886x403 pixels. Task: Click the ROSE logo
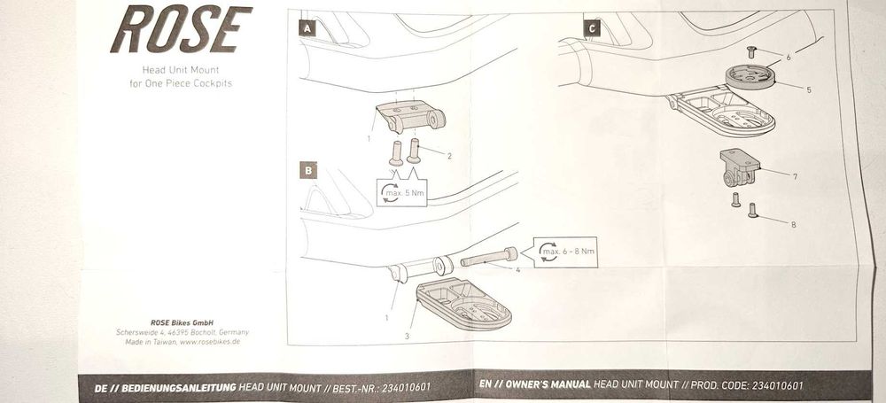pyautogui.click(x=182, y=29)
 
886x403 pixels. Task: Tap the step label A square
pyautogui.click(x=307, y=27)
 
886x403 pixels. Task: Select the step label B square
pyautogui.click(x=308, y=171)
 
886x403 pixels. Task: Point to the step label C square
pyautogui.click(x=592, y=27)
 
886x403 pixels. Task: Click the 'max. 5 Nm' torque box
pyautogui.click(x=401, y=192)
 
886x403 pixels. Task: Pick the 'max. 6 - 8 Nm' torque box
pyautogui.click(x=565, y=252)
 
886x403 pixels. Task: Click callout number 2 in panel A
pyautogui.click(x=449, y=156)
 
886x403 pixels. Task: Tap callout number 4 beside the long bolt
pyautogui.click(x=517, y=269)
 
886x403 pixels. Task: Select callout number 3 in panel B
pyautogui.click(x=407, y=337)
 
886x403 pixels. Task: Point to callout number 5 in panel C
pyautogui.click(x=809, y=89)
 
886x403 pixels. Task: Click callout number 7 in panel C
pyautogui.click(x=795, y=177)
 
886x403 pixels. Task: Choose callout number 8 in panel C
pyautogui.click(x=793, y=224)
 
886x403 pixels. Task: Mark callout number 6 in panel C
pyautogui.click(x=789, y=57)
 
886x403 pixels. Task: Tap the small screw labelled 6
pyautogui.click(x=751, y=52)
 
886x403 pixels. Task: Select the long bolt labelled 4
pyautogui.click(x=489, y=258)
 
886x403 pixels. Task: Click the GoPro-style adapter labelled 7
pyautogui.click(x=740, y=167)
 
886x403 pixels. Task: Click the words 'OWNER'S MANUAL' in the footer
pyautogui.click(x=548, y=384)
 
